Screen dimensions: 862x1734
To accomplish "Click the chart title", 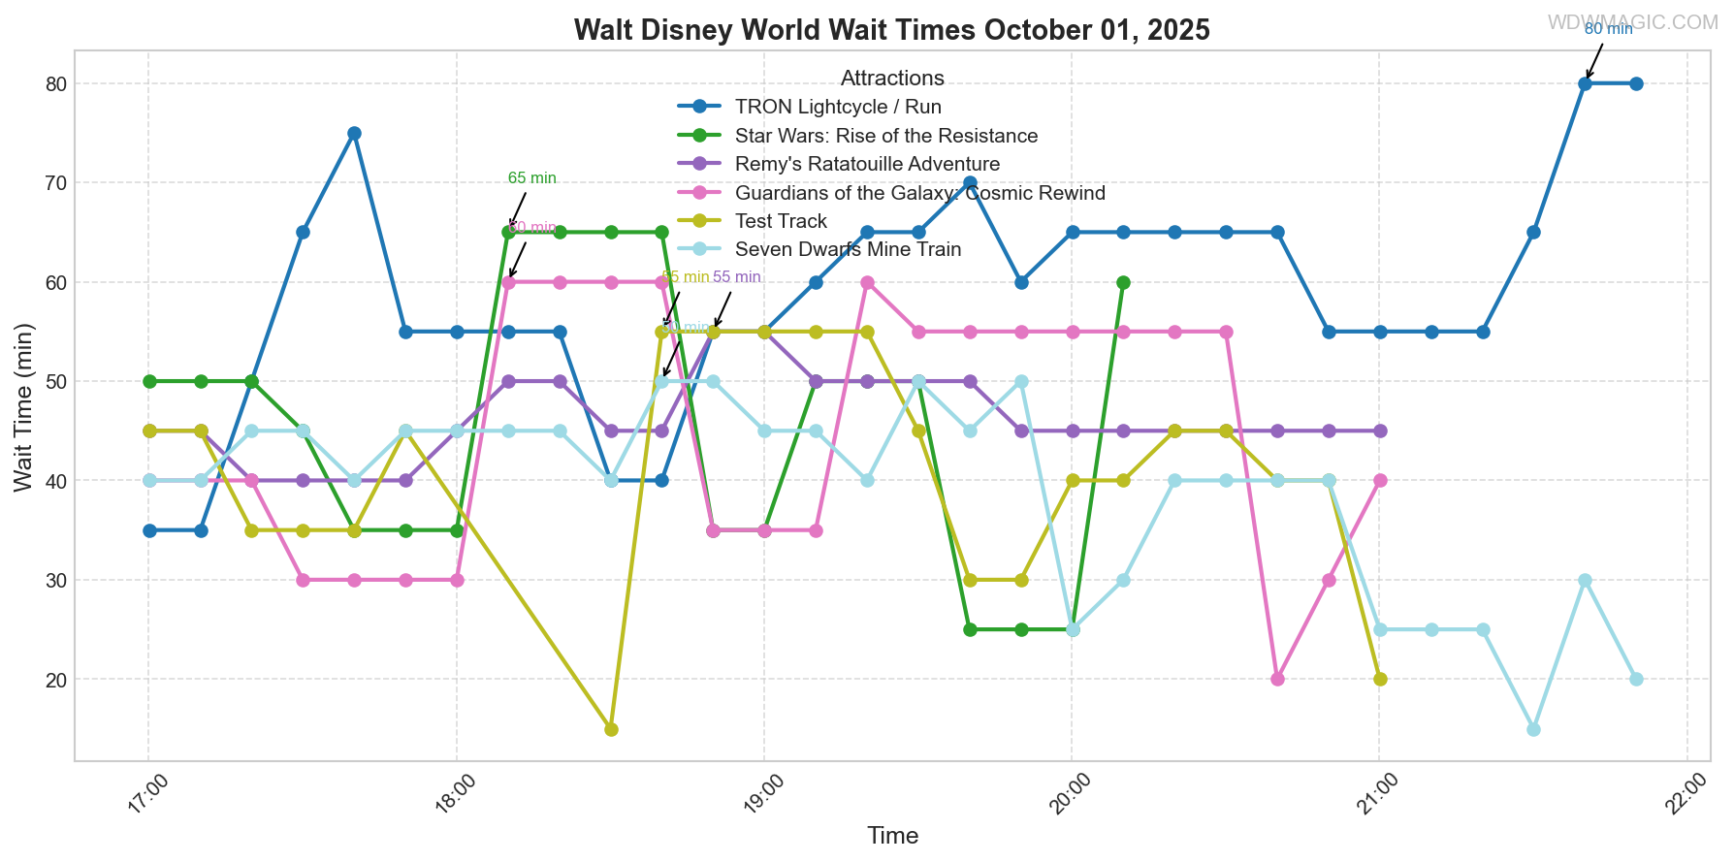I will click(891, 30).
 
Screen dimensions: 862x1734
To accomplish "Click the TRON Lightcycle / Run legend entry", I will click(838, 107).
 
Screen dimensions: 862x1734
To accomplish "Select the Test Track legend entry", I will click(781, 221).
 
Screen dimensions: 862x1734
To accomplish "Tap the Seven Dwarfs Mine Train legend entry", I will click(848, 249).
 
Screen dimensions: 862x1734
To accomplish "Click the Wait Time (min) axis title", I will click(23, 407).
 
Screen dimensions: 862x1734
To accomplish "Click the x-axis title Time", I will click(892, 836).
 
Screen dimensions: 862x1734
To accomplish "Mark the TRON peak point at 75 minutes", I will click(354, 134).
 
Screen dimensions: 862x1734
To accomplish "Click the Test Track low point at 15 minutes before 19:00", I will click(611, 729).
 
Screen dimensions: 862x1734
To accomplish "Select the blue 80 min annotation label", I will click(1608, 29).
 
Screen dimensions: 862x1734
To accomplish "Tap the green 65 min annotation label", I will click(532, 178).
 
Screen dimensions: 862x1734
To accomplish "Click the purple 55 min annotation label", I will click(737, 277).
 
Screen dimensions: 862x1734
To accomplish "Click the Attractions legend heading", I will click(892, 79).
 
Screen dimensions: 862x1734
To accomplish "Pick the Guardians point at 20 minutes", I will click(1277, 679).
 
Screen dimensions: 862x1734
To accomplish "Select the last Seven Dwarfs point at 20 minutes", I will click(1636, 679).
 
